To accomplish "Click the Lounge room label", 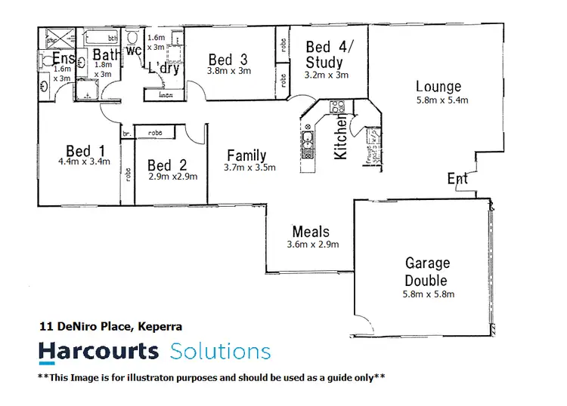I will tap(438, 87).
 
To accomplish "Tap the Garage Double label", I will tap(427, 272).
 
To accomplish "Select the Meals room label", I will tap(311, 232).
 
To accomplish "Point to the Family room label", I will tap(246, 156).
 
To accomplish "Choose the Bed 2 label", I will tap(167, 165).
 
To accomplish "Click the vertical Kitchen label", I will tap(341, 137).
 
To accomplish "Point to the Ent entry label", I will tap(457, 179).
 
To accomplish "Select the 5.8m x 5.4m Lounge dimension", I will tap(442, 100).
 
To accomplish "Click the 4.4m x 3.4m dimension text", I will tap(84, 161).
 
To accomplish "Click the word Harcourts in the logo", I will tap(98, 351).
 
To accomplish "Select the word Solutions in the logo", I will tap(220, 351).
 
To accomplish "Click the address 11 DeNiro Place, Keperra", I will tap(110, 327).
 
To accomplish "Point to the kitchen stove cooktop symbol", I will tap(337, 107).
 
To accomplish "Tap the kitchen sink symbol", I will tap(308, 140).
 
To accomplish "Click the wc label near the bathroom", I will tap(135, 51).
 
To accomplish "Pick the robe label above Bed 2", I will tap(155, 132).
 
